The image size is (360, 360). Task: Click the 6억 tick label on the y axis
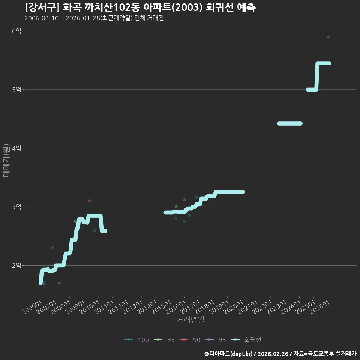[x=16, y=31]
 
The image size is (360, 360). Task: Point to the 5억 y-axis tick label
[x=16, y=90]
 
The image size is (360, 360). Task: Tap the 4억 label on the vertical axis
[x=16, y=148]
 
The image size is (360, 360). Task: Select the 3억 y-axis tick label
[x=16, y=207]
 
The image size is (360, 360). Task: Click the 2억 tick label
[x=16, y=265]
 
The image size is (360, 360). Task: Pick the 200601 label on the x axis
[x=32, y=307]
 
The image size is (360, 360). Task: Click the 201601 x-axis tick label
[x=176, y=307]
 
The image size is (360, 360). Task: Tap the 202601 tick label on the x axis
[x=319, y=307]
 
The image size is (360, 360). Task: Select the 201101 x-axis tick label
[x=104, y=307]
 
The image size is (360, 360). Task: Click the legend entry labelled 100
[x=136, y=340]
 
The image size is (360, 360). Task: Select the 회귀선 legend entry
[x=246, y=340]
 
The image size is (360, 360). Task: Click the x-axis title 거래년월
[x=190, y=319]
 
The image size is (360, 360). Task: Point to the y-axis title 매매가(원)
[x=6, y=160]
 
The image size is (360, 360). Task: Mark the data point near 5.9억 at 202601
[x=328, y=37]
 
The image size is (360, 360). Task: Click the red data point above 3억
[x=90, y=201]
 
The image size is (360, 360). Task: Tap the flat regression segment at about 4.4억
[x=290, y=123]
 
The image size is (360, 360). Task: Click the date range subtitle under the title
[x=94, y=18]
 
